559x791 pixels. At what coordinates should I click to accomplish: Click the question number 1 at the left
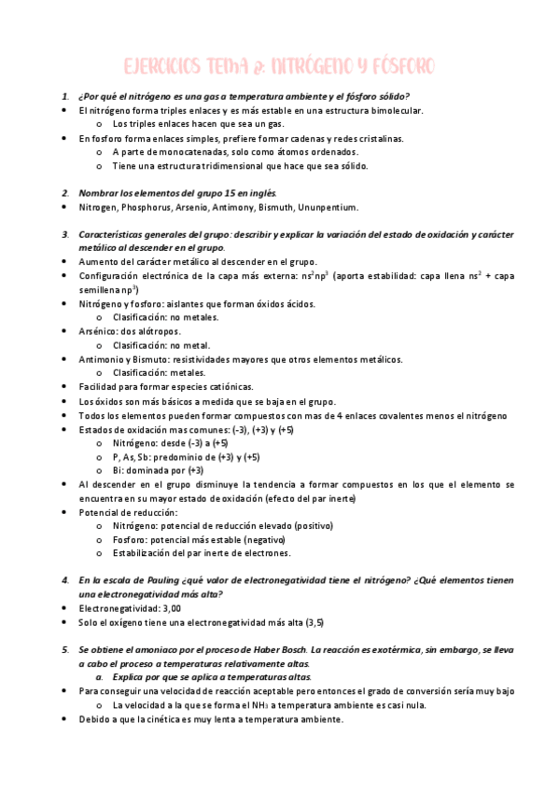65,96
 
